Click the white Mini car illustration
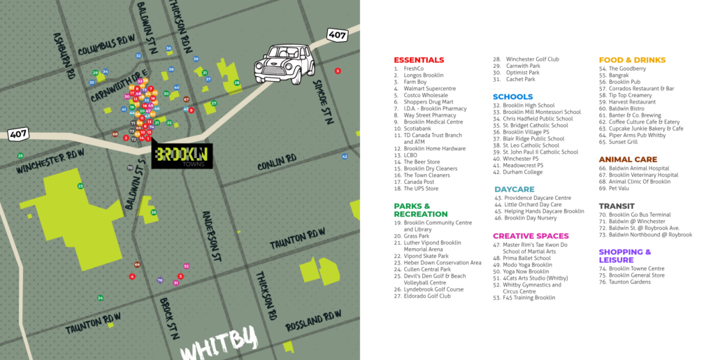[x=285, y=62]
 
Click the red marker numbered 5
[x=338, y=71]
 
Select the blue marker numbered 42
[x=345, y=157]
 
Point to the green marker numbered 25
[x=20, y=155]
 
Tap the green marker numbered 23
[x=80, y=186]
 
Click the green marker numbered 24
[x=100, y=298]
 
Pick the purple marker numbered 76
[x=160, y=280]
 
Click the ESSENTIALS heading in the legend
[x=419, y=60]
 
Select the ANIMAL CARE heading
[x=628, y=159]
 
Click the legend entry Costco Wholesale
[x=426, y=95]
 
